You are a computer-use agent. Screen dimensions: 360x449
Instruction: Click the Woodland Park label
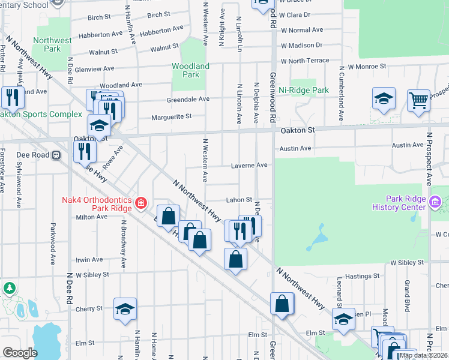point(190,70)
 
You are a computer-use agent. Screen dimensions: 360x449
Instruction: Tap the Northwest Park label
point(52,44)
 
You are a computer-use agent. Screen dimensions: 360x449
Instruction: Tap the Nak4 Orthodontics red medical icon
point(141,203)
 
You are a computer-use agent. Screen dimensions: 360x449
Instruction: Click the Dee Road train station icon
point(56,154)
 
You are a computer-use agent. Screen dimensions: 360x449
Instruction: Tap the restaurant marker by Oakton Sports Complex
point(12,96)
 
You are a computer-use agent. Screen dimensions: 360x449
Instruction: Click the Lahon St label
point(238,200)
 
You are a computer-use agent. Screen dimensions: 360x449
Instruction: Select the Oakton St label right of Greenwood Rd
point(298,130)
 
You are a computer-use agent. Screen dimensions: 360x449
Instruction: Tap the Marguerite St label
point(171,116)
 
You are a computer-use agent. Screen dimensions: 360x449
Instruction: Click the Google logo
point(20,353)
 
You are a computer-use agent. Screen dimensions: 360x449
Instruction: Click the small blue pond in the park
point(313,239)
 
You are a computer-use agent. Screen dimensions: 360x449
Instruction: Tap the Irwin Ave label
point(89,260)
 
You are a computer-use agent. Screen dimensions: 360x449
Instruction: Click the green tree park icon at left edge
point(9,289)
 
